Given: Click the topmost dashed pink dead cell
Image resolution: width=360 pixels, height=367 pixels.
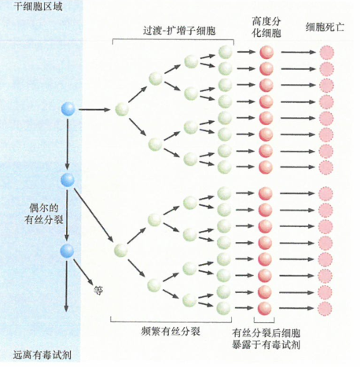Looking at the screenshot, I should click(x=326, y=53).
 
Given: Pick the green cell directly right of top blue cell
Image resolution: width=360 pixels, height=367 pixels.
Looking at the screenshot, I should click(x=121, y=108).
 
